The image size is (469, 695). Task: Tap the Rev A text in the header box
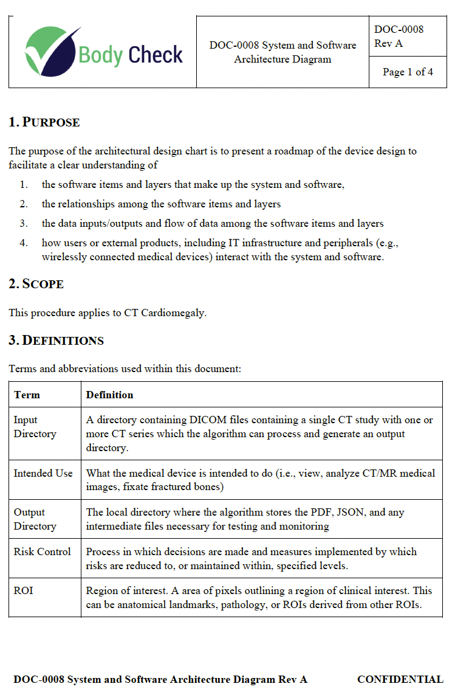pyautogui.click(x=388, y=43)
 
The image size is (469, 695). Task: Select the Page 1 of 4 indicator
pyautogui.click(x=408, y=72)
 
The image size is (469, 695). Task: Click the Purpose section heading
pyautogui.click(x=44, y=122)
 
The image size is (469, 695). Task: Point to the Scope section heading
pyautogui.click(x=36, y=284)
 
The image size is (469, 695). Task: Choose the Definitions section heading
pyautogui.click(x=56, y=341)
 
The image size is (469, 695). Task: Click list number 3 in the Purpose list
pyautogui.click(x=24, y=223)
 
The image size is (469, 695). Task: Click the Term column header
pyautogui.click(x=27, y=395)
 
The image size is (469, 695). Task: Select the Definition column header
pyautogui.click(x=109, y=395)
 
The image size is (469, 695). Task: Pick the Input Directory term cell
pyautogui.click(x=35, y=427)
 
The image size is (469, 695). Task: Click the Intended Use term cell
pyautogui.click(x=43, y=473)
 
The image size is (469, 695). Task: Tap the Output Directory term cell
pyautogui.click(x=35, y=519)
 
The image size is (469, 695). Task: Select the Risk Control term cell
pyautogui.click(x=42, y=552)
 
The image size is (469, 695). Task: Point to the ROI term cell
pyautogui.click(x=23, y=590)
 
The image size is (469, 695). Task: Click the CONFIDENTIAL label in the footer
pyautogui.click(x=400, y=679)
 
